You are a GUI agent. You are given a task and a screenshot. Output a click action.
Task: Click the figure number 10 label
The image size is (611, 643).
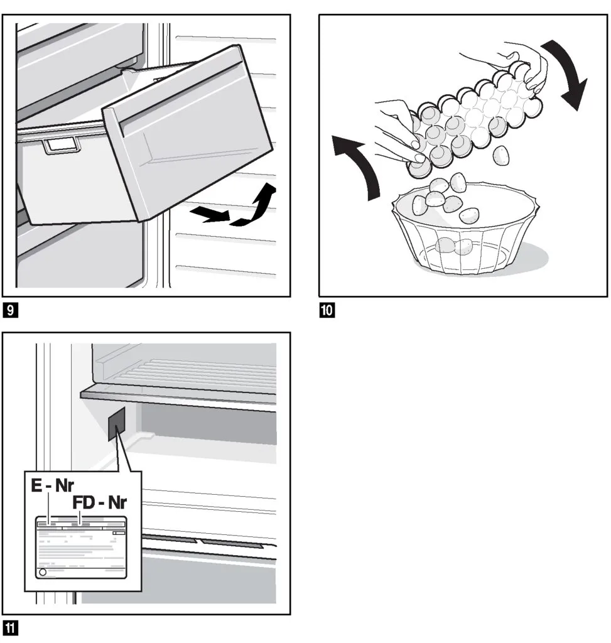327,310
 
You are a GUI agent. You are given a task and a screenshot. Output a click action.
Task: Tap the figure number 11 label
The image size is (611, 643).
11,627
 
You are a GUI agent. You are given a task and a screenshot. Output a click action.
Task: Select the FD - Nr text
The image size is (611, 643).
99,503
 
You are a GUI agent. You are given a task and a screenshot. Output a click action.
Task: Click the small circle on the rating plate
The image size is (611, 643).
43,573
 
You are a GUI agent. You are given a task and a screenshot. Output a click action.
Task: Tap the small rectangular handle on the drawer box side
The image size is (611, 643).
61,146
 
